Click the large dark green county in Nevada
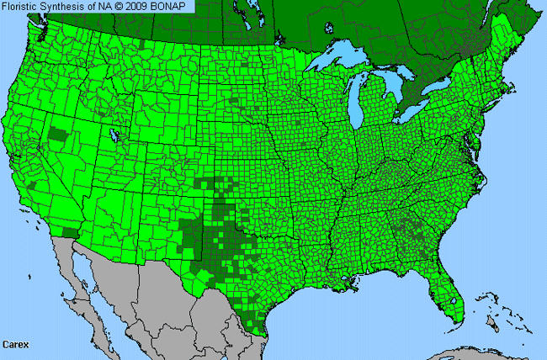pos(58,134)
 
